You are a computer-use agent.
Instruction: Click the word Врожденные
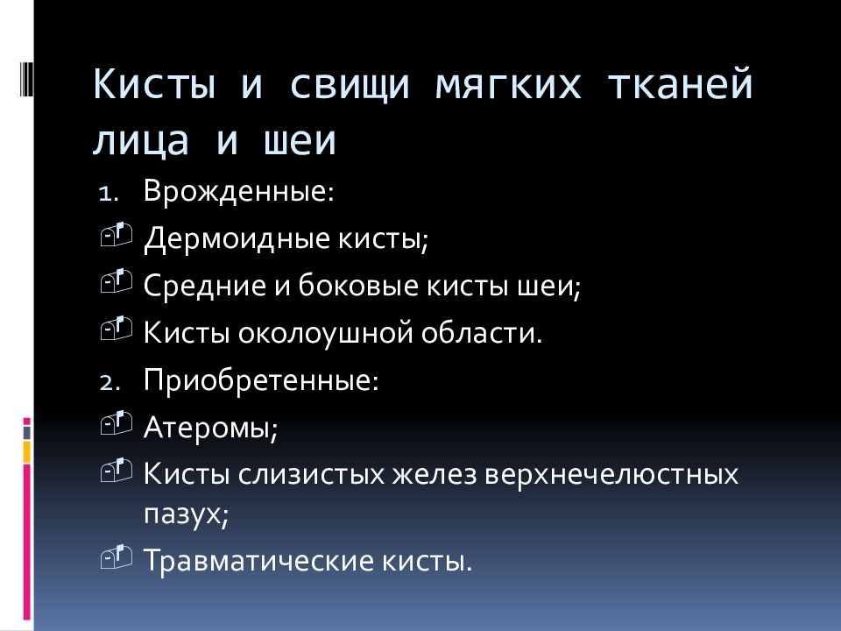pos(237,191)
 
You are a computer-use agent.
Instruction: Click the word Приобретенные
pos(260,381)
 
